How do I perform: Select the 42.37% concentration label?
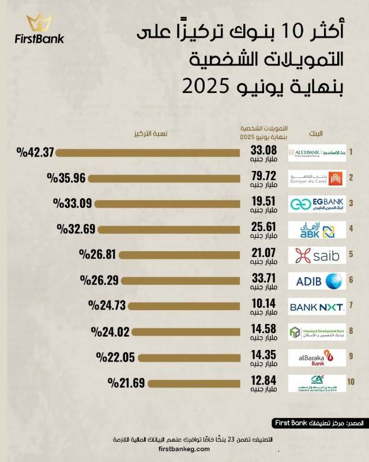click(35, 152)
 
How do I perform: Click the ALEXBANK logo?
click(317, 152)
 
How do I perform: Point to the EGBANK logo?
click(317, 203)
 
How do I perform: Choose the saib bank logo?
click(317, 255)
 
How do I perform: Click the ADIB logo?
click(317, 281)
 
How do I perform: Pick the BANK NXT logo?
click(317, 306)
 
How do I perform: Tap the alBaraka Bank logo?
click(317, 357)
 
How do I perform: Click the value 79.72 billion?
click(262, 174)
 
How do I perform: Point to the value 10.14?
click(262, 303)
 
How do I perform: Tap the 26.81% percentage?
click(95, 255)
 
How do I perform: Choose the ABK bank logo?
click(317, 229)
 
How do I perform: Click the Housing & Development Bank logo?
click(317, 332)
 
